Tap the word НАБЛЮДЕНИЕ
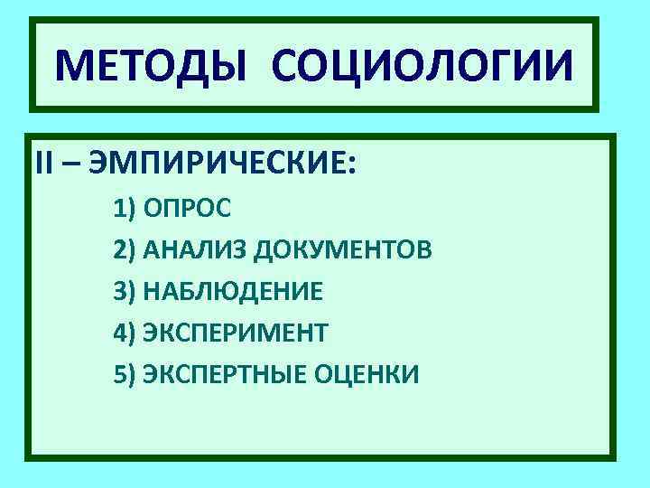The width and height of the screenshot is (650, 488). point(232,292)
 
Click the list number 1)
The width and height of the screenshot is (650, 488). point(125,210)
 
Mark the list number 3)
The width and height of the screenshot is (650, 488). point(125,292)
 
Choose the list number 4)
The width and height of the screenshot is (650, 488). point(125,333)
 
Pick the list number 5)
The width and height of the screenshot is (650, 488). point(125,373)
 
